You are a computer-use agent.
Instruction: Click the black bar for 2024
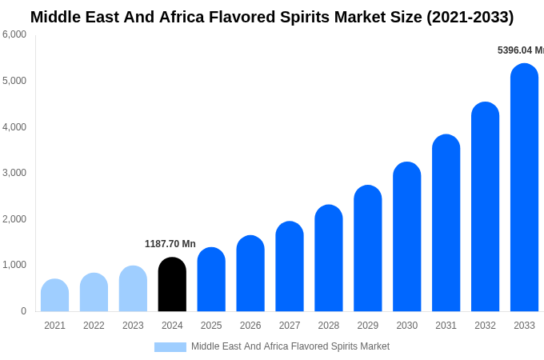tap(172, 285)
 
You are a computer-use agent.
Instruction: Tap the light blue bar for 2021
tap(54, 296)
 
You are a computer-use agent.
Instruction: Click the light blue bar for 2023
tap(133, 289)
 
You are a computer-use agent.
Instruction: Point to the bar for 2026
tap(250, 274)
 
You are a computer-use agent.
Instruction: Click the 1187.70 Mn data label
tap(170, 244)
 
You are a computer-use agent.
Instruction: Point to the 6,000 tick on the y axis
tap(14, 34)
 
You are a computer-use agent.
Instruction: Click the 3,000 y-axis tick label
tap(14, 173)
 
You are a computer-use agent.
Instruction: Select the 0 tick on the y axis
tap(23, 311)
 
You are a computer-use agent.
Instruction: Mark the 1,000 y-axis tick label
tap(14, 265)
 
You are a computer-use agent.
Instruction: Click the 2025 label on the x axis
tap(211, 326)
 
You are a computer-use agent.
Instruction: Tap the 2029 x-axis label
tap(368, 326)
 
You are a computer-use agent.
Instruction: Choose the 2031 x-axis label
tap(446, 326)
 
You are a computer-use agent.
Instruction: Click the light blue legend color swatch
tap(170, 347)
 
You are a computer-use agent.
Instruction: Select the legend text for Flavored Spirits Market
tap(290, 346)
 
